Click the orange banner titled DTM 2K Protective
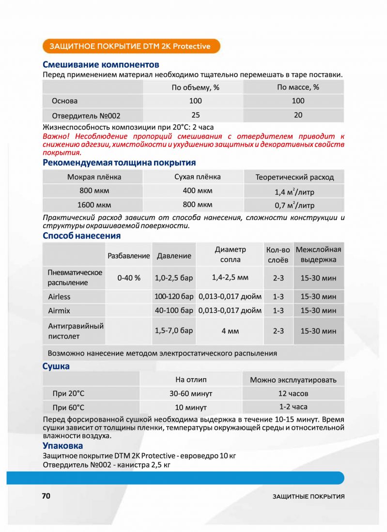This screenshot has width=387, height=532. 131,46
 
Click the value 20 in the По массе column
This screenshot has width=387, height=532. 298,115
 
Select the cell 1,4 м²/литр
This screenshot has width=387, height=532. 294,192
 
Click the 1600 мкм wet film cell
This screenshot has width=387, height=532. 94,204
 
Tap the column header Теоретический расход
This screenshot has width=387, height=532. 294,177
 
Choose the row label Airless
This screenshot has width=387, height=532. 59,296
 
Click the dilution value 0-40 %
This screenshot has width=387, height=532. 129,278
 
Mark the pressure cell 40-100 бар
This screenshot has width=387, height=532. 174,310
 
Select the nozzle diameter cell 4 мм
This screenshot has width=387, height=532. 230,331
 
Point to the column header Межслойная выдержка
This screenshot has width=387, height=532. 318,254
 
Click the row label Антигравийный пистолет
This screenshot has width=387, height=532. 76,331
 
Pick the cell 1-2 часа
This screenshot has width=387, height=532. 293,407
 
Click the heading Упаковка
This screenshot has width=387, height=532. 62,445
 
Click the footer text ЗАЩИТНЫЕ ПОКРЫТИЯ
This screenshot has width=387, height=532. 308,497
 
